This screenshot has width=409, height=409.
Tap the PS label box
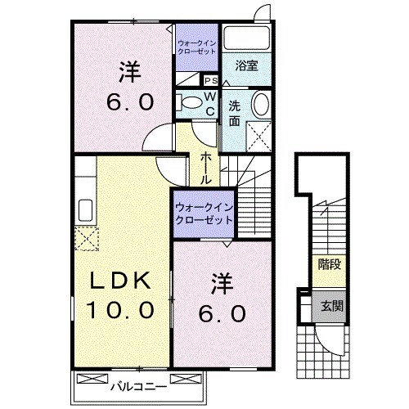point(210,80)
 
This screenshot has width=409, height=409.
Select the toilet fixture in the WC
point(188,102)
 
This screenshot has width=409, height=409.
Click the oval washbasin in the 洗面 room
point(259,105)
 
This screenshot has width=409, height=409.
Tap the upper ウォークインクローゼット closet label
point(196,46)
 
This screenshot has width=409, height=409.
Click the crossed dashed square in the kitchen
point(86,239)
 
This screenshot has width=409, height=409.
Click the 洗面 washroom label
point(234,112)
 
